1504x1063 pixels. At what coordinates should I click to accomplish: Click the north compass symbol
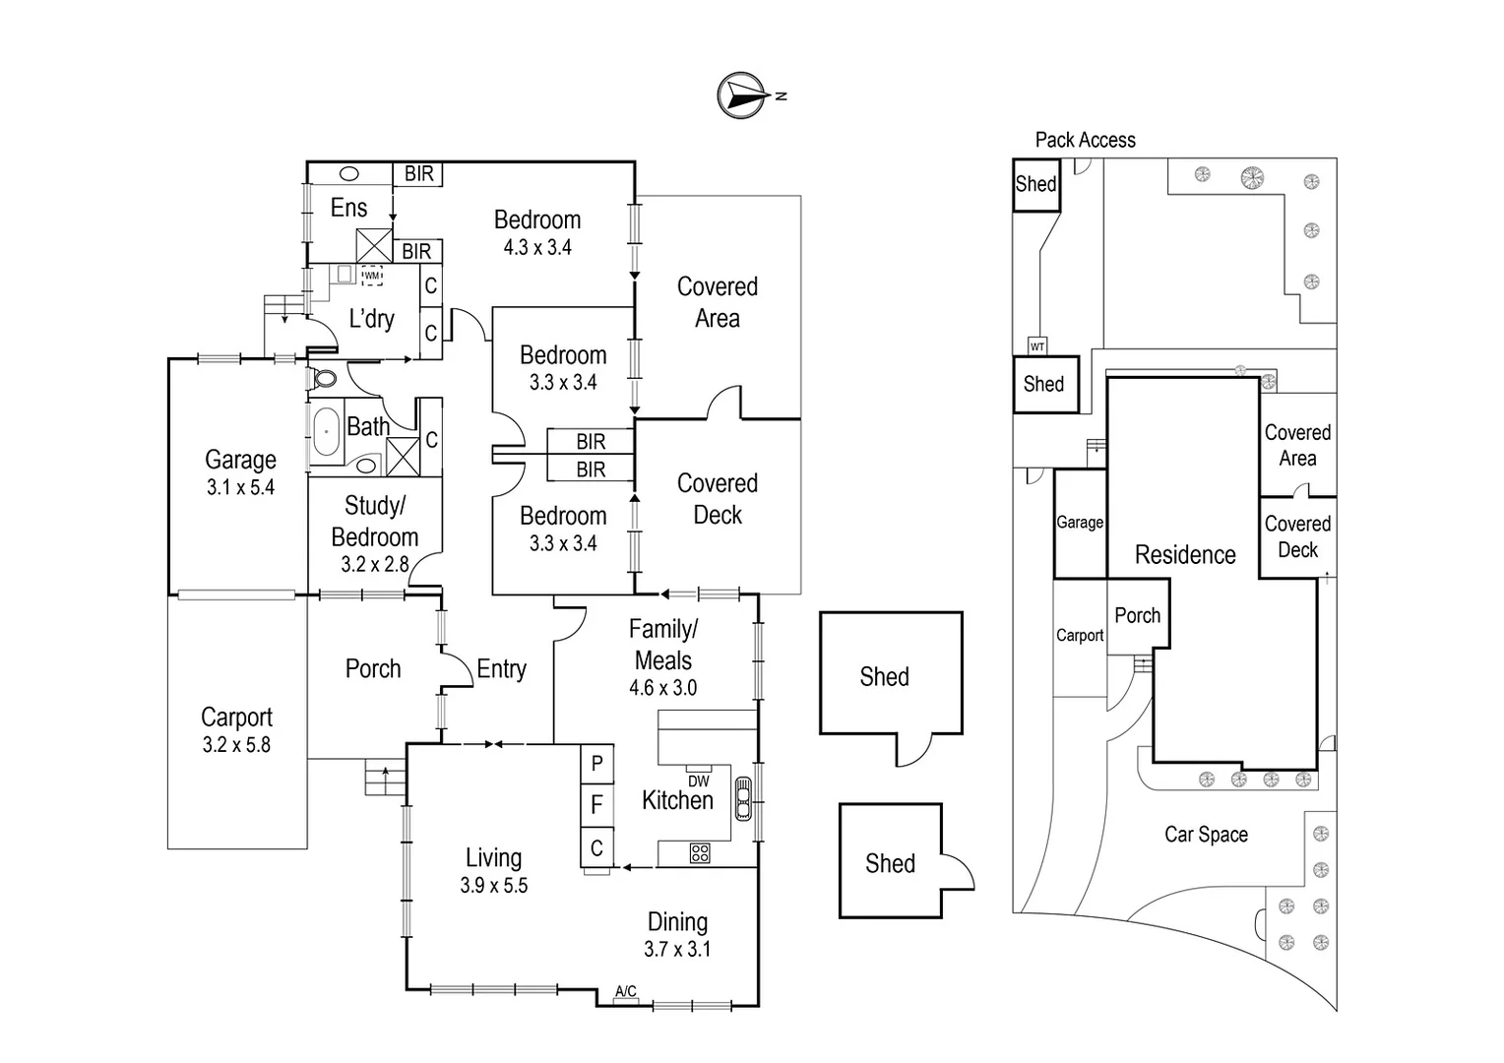pos(743,95)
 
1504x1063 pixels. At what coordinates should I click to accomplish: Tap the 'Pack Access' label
pos(1085,140)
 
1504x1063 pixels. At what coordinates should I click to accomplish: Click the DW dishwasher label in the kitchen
pos(699,781)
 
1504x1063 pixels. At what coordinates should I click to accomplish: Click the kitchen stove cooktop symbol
pos(700,853)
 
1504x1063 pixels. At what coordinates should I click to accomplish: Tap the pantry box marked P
pos(596,764)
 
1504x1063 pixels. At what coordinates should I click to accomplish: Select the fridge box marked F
pos(596,806)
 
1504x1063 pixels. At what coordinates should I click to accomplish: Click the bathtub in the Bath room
pos(325,431)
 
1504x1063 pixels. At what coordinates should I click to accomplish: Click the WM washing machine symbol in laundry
pos(371,276)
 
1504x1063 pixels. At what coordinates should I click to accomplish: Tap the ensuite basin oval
pos(349,174)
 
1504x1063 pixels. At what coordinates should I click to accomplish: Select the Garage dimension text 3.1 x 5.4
pos(240,487)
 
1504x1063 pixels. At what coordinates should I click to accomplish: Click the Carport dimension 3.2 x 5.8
pos(236,745)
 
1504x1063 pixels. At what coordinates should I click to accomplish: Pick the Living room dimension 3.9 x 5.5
pos(493,886)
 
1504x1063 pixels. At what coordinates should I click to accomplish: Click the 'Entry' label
pos(501,669)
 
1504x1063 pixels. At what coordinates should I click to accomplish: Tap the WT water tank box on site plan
pos(1037,346)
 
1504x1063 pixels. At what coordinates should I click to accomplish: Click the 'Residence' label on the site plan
pos(1185,555)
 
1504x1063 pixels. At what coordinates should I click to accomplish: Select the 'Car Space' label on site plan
pos(1206,835)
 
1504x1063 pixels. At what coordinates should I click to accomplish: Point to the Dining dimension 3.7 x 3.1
pos(677,950)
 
